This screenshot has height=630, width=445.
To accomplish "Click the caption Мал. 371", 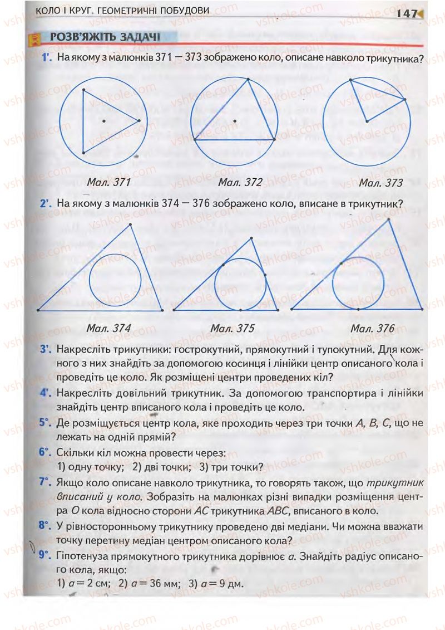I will click(x=109, y=182).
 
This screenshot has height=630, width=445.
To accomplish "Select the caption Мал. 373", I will click(x=380, y=182).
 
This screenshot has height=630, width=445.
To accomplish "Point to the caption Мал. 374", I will click(x=108, y=329).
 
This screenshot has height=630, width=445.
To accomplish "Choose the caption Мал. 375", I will click(x=232, y=329).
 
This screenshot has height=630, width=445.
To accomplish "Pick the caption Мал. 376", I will click(x=372, y=329).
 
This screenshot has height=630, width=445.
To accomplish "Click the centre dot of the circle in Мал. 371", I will click(x=103, y=120).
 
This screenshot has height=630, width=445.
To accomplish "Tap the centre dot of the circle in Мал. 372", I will click(x=235, y=121).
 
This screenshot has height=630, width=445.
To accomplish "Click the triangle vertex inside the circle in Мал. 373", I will click(x=365, y=121).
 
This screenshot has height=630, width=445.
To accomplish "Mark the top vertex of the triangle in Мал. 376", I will click(x=388, y=220).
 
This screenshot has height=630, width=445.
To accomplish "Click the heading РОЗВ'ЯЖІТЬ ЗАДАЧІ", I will click(x=105, y=38).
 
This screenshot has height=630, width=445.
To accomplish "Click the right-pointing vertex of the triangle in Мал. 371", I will click(x=139, y=120).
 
